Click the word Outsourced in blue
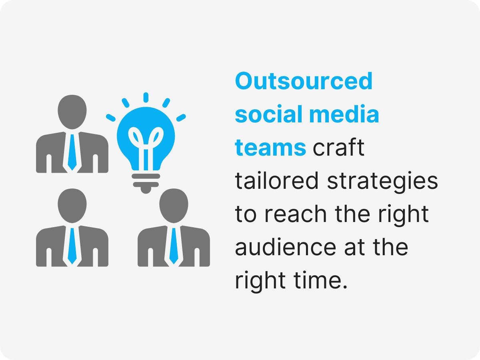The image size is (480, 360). pyautogui.click(x=304, y=81)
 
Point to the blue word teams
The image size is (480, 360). pyautogui.click(x=270, y=148)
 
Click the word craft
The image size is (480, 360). pyautogui.click(x=339, y=148)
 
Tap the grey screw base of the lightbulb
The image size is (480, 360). pyautogui.click(x=146, y=182)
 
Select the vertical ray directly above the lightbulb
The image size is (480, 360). pyautogui.click(x=146, y=97)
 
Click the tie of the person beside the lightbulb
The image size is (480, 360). pyautogui.click(x=72, y=152)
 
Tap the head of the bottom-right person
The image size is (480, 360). pyautogui.click(x=174, y=205)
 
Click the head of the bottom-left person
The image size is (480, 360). pyautogui.click(x=72, y=205)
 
